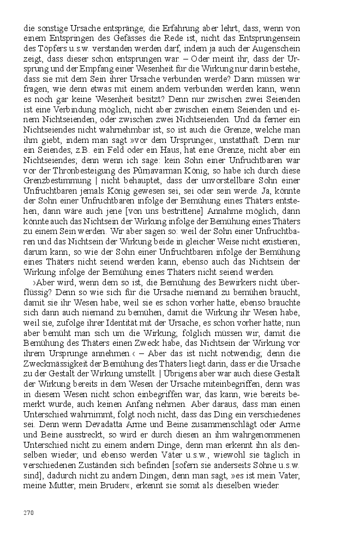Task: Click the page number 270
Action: click(29, 512)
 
